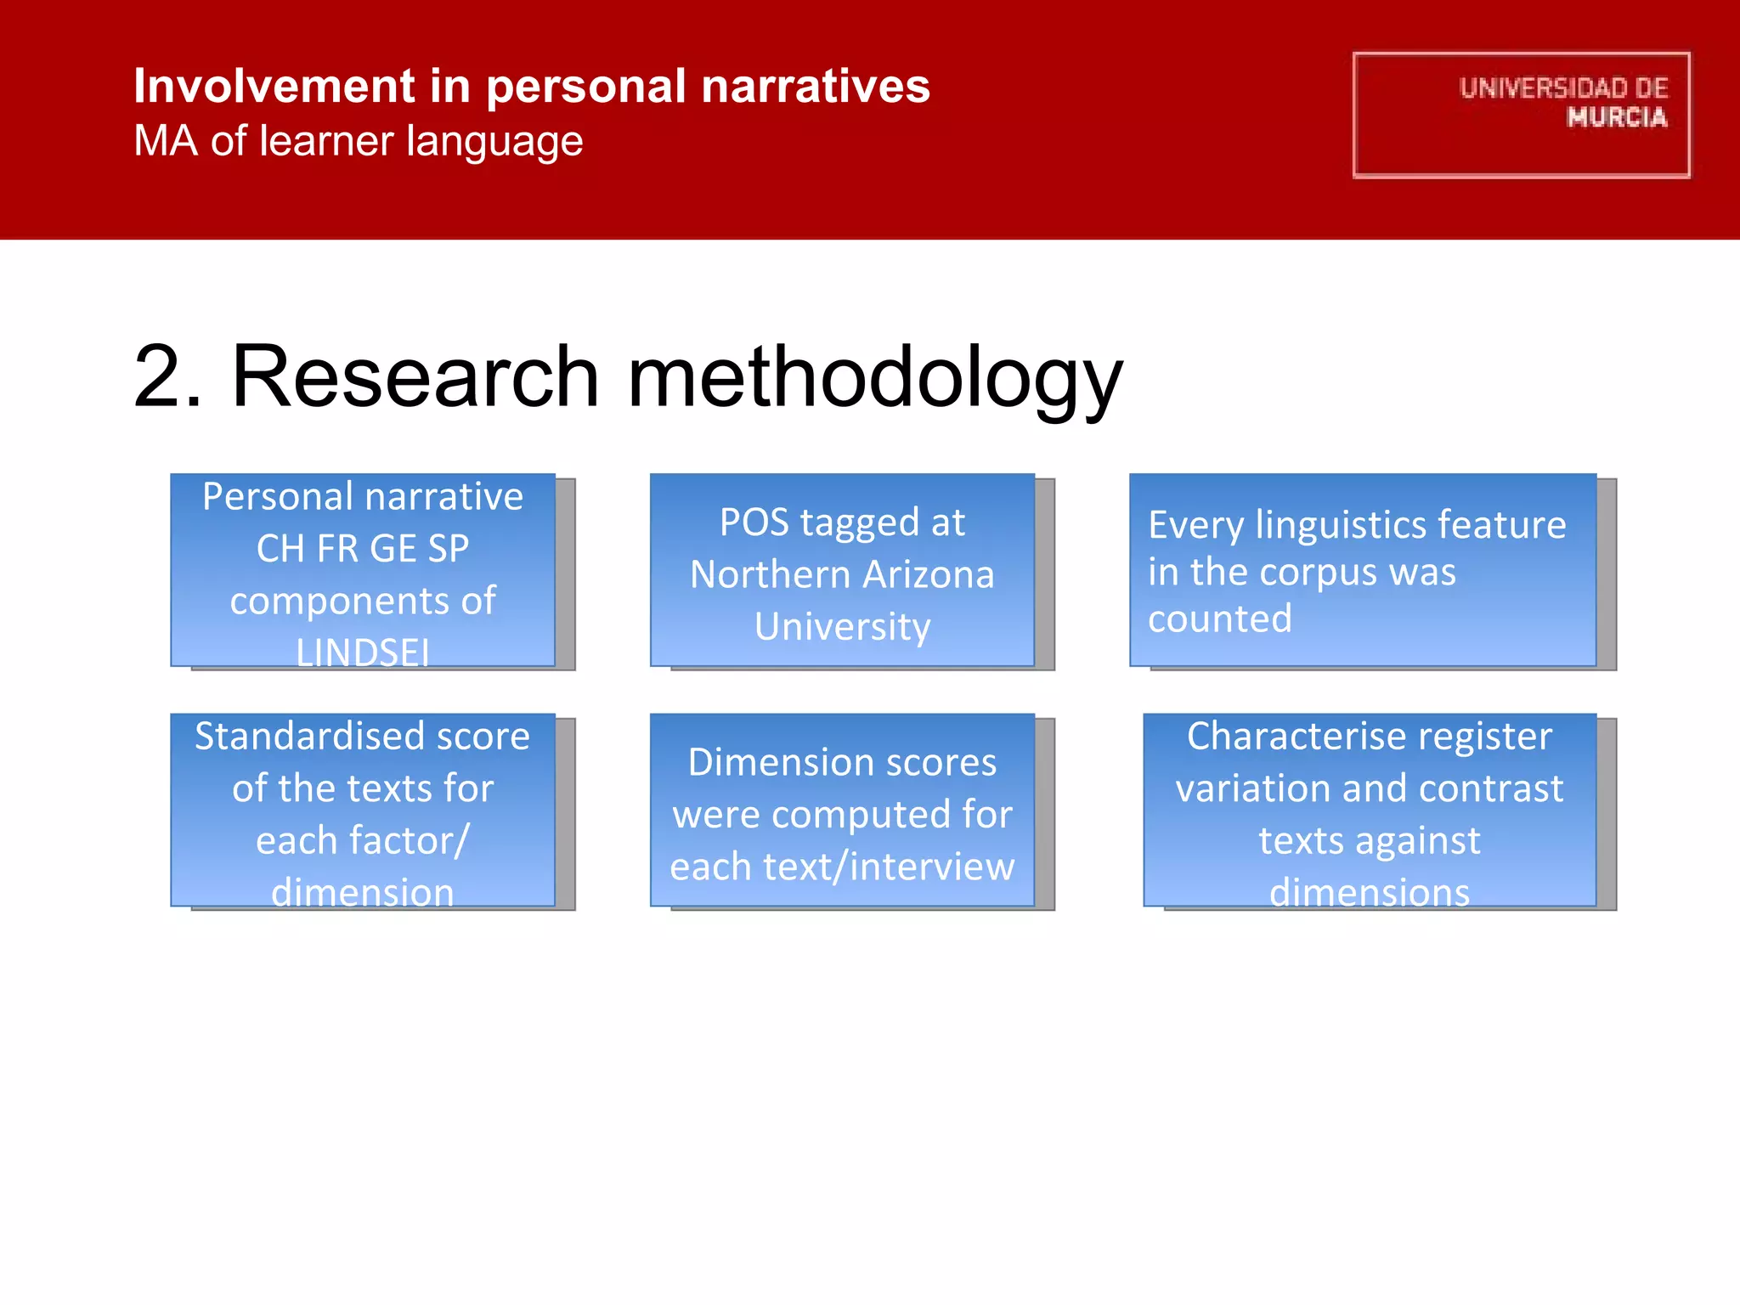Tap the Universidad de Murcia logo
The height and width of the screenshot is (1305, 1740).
click(x=1521, y=115)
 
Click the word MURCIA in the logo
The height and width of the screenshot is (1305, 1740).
click(x=1617, y=117)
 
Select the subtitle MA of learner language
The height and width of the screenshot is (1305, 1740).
click(x=358, y=141)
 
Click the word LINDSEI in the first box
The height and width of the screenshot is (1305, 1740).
click(x=363, y=652)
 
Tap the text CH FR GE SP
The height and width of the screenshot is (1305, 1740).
click(x=363, y=549)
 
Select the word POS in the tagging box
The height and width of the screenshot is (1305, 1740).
click(x=754, y=523)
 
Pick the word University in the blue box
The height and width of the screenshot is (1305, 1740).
click(x=842, y=627)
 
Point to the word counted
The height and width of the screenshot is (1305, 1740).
click(x=1219, y=619)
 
